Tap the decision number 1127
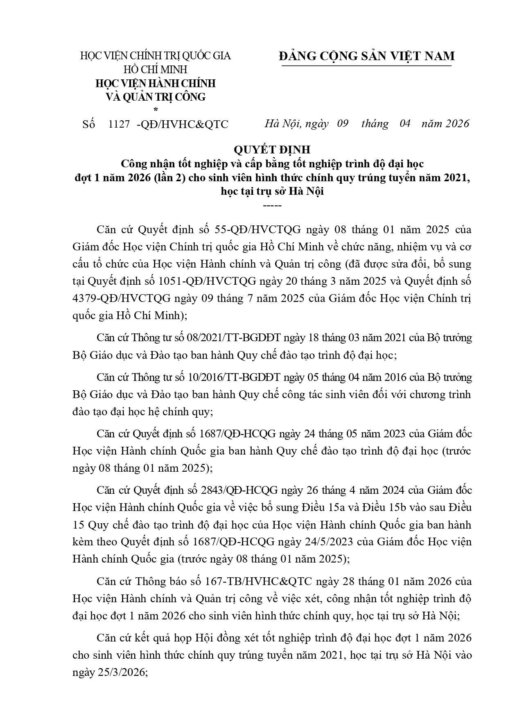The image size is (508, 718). pyautogui.click(x=119, y=124)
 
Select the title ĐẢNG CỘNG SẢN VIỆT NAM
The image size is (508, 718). pyautogui.click(x=366, y=56)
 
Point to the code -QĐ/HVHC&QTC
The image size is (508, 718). pyautogui.click(x=182, y=124)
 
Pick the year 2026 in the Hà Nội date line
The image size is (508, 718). pyautogui.click(x=452, y=124)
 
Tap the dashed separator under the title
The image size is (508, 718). pyautogui.click(x=272, y=205)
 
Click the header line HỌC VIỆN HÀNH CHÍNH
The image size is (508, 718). pyautogui.click(x=155, y=83)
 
